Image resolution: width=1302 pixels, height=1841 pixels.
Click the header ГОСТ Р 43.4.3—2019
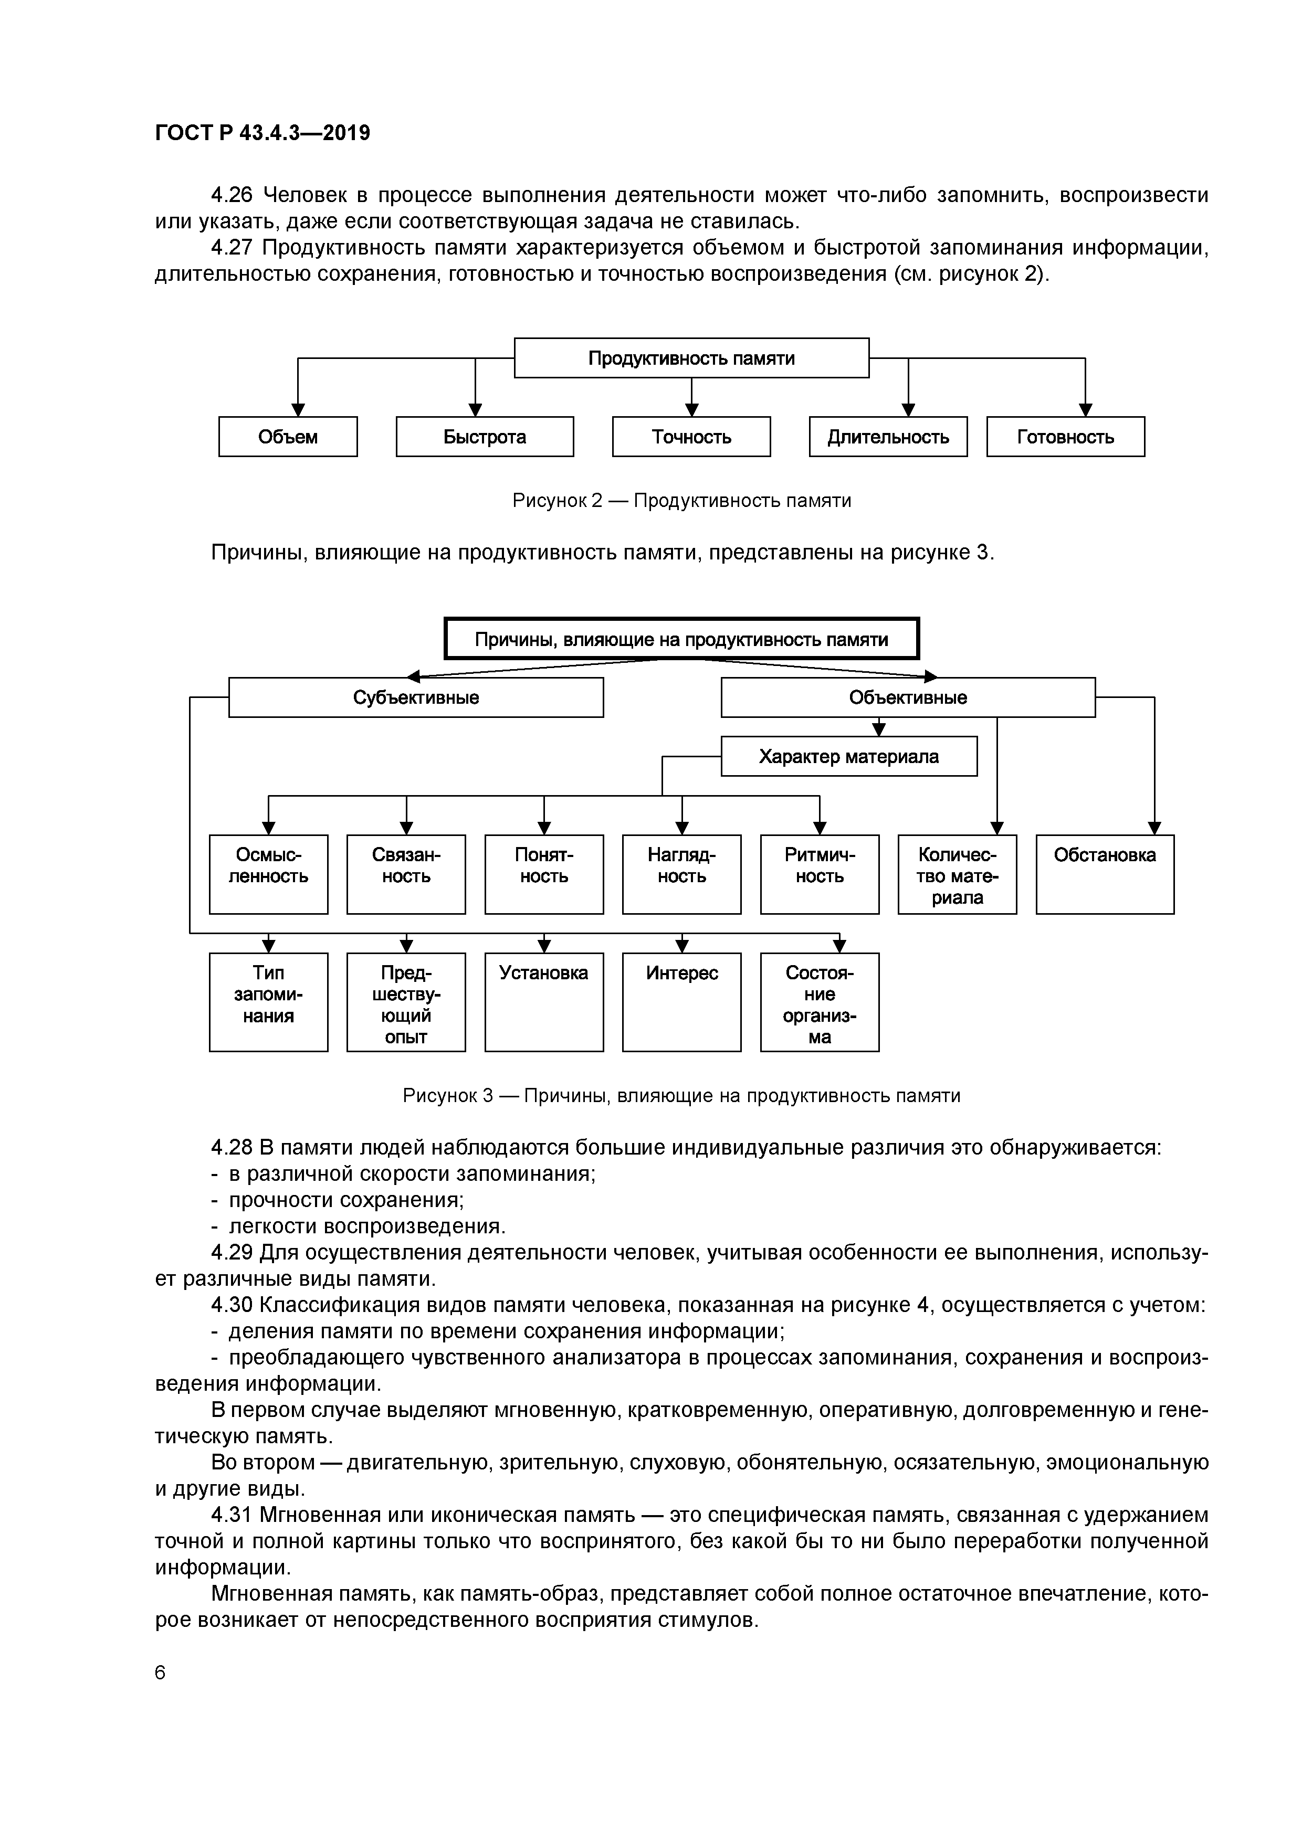pyautogui.click(x=262, y=133)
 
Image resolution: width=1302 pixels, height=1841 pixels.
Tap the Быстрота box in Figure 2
pyautogui.click(x=485, y=437)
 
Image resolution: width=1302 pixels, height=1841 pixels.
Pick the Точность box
pyautogui.click(x=691, y=437)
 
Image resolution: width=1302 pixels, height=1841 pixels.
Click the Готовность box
pyautogui.click(x=1065, y=437)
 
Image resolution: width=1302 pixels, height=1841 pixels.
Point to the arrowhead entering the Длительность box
pyautogui.click(x=908, y=410)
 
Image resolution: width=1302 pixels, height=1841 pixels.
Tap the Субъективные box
pyautogui.click(x=416, y=697)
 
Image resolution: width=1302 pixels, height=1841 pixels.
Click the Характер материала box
pyautogui.click(x=849, y=757)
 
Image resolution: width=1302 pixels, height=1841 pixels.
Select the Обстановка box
pyautogui.click(x=1105, y=874)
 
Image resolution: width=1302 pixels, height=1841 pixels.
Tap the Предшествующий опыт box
pyautogui.click(x=406, y=1002)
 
